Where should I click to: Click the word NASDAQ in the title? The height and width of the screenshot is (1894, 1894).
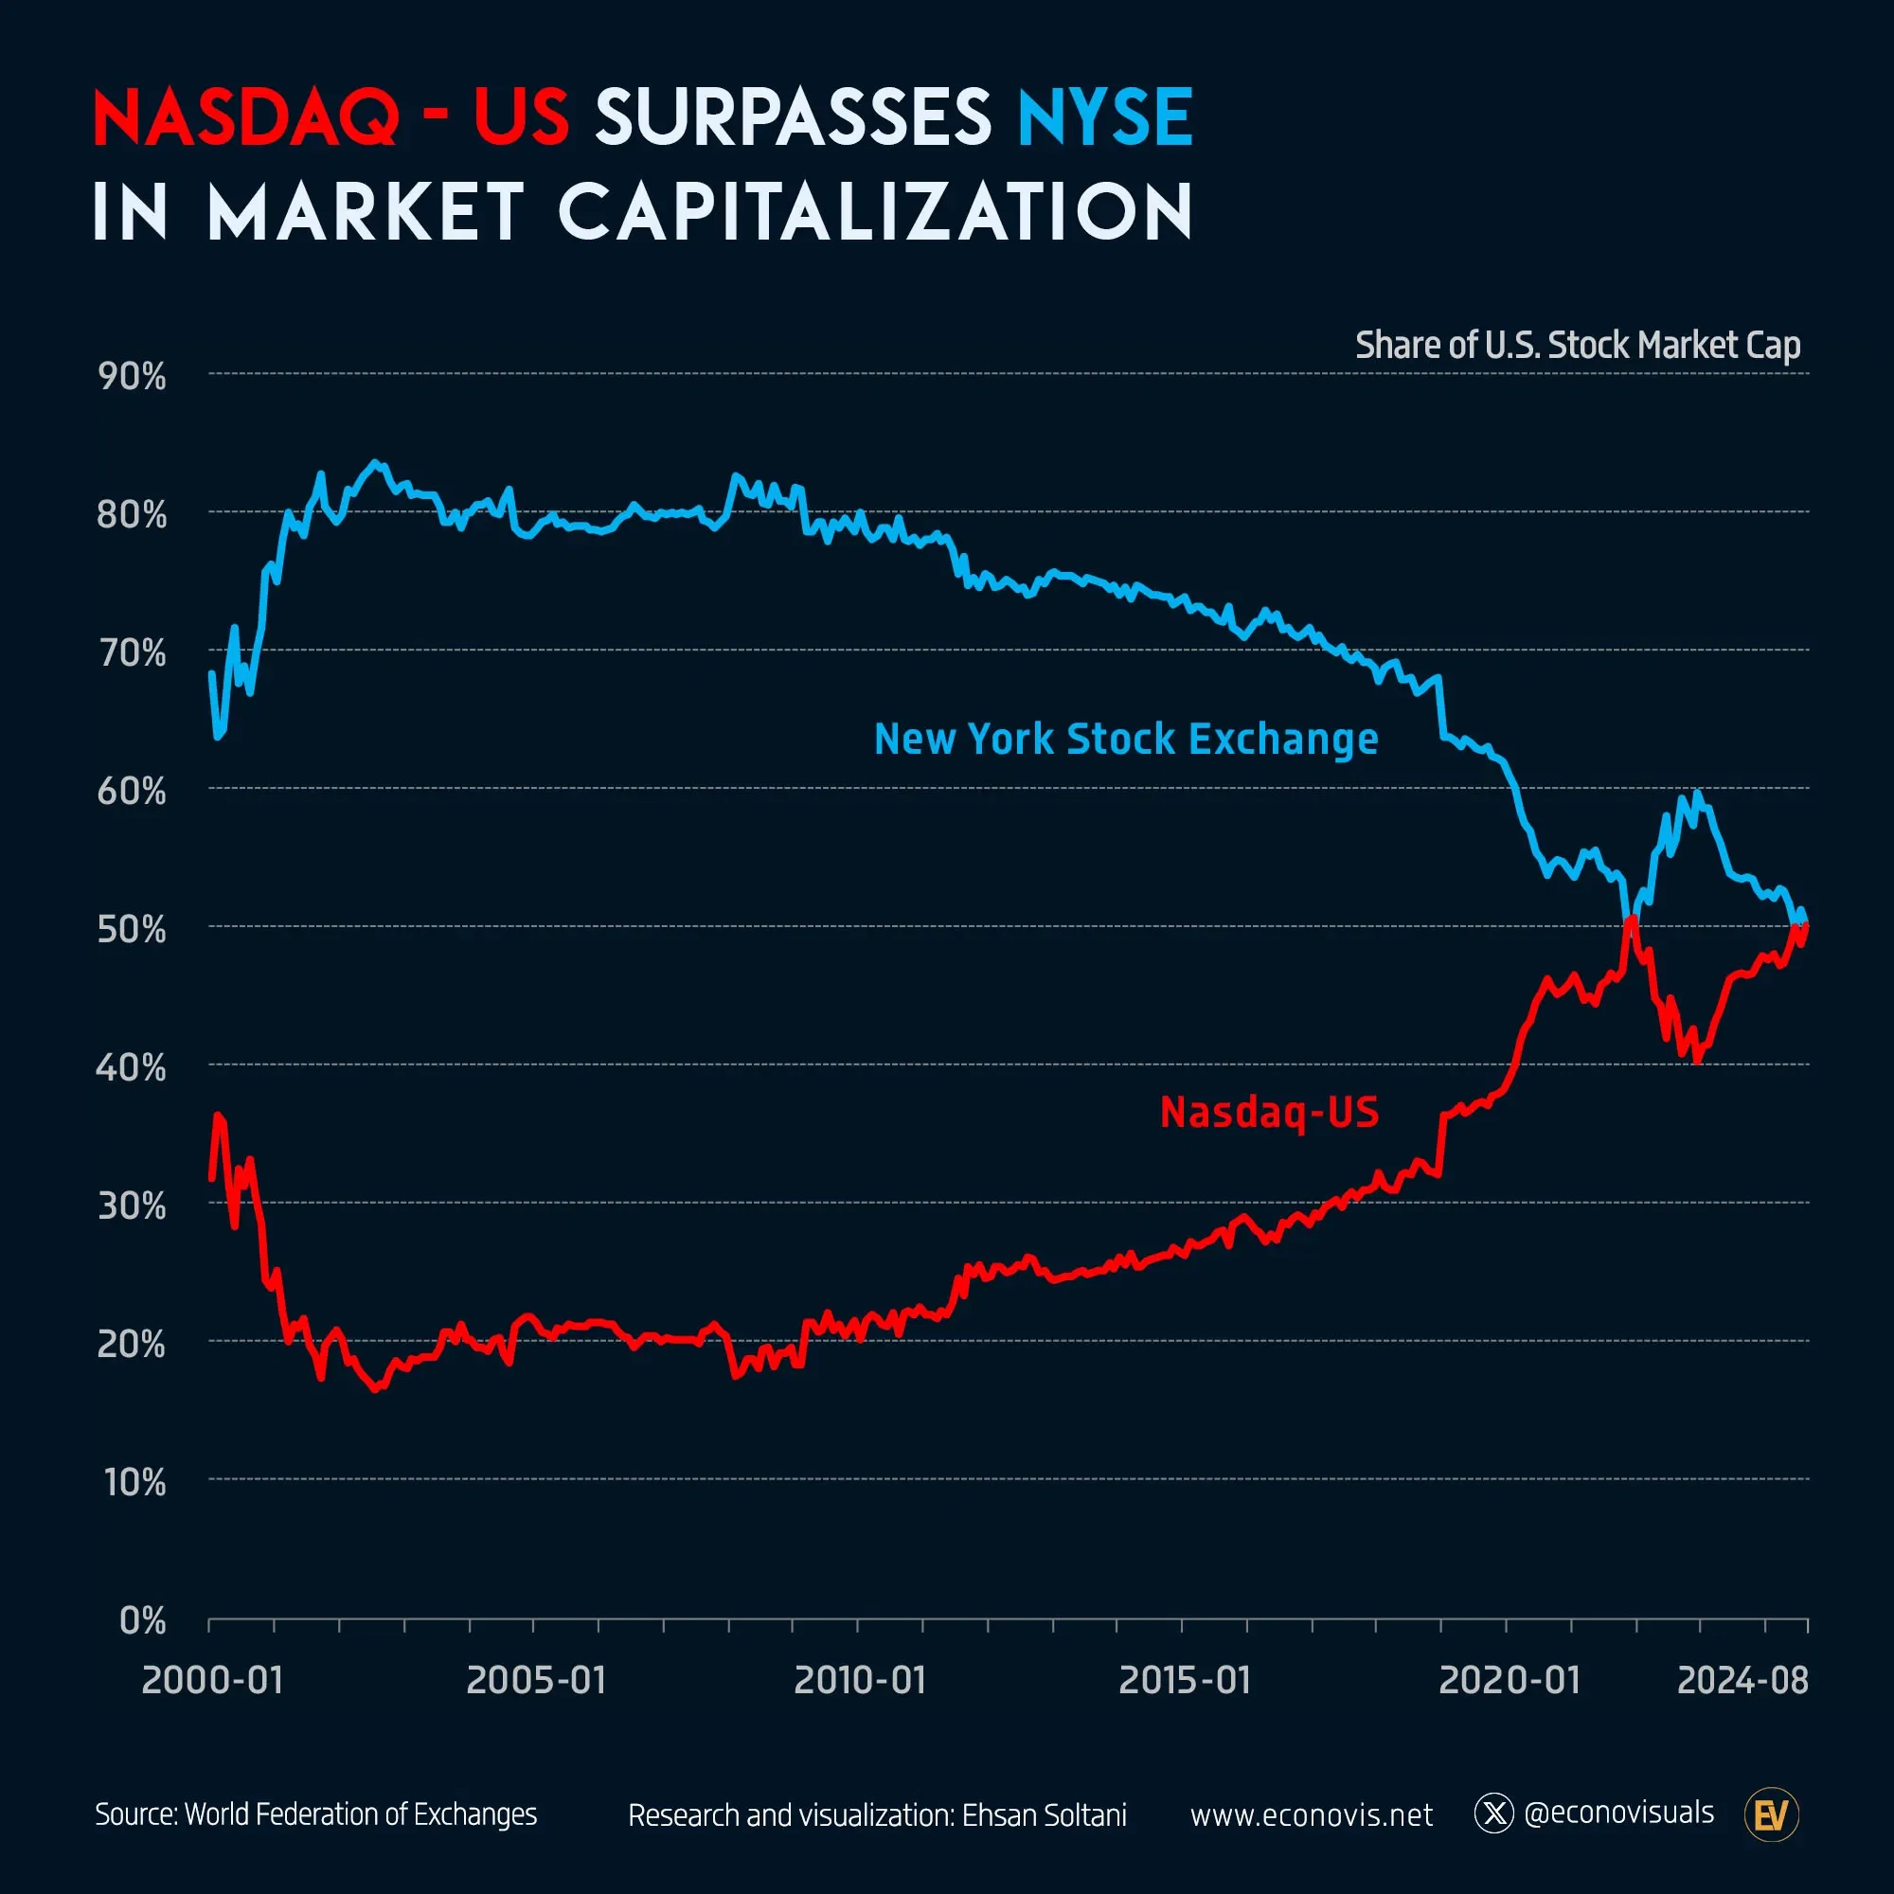[x=245, y=117]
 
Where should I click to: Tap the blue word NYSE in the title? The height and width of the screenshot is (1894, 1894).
[x=1105, y=117]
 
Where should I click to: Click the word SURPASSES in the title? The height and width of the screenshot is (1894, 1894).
[x=793, y=117]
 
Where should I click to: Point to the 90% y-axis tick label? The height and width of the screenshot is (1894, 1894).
[x=133, y=377]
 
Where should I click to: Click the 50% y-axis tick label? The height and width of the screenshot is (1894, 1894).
[x=133, y=929]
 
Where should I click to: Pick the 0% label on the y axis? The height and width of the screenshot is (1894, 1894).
[x=142, y=1621]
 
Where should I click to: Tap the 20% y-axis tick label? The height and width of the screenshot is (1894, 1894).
[x=133, y=1344]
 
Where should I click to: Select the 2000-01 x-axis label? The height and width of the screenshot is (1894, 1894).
[x=212, y=1680]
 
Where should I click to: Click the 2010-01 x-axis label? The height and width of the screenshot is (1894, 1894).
[x=860, y=1680]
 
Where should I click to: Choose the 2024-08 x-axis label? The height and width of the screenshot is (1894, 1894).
[x=1742, y=1680]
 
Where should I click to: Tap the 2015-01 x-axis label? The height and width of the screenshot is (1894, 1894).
[x=1185, y=1680]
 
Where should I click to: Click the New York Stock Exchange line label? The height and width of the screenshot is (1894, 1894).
[x=1125, y=740]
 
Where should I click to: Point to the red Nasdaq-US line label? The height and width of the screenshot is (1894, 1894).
[x=1269, y=1113]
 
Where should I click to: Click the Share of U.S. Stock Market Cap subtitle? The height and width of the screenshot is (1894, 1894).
[x=1578, y=345]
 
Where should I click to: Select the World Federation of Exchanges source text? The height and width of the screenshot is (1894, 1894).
[x=361, y=1814]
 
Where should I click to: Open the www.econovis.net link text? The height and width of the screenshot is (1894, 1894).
[x=1311, y=1815]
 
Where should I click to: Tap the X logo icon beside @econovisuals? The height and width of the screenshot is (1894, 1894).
[x=1494, y=1814]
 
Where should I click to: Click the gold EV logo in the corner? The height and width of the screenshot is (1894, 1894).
[x=1772, y=1815]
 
